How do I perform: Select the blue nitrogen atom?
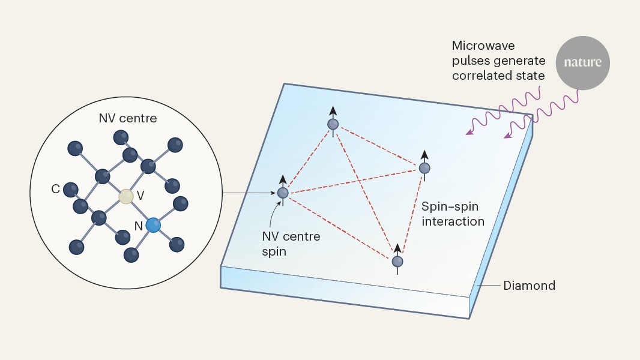point(153,225)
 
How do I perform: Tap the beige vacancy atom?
point(125,196)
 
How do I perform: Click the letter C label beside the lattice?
point(55,189)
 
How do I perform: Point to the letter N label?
point(139,227)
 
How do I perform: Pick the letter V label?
point(140,196)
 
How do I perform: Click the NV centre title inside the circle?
point(127,118)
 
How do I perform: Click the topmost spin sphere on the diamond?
point(333,124)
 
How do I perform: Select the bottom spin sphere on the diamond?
point(397,261)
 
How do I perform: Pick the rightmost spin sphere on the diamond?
point(424,168)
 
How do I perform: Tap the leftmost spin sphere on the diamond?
point(283,193)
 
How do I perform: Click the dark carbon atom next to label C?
point(71,189)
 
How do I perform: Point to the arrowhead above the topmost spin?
point(333,110)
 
